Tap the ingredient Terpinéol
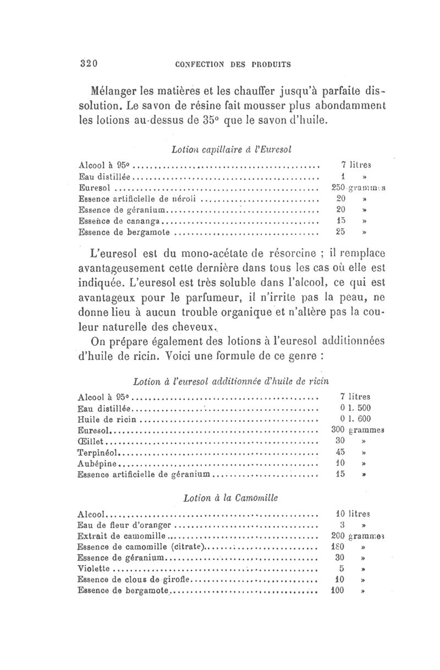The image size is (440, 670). tap(100, 452)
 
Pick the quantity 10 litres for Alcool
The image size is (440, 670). tap(353, 514)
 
